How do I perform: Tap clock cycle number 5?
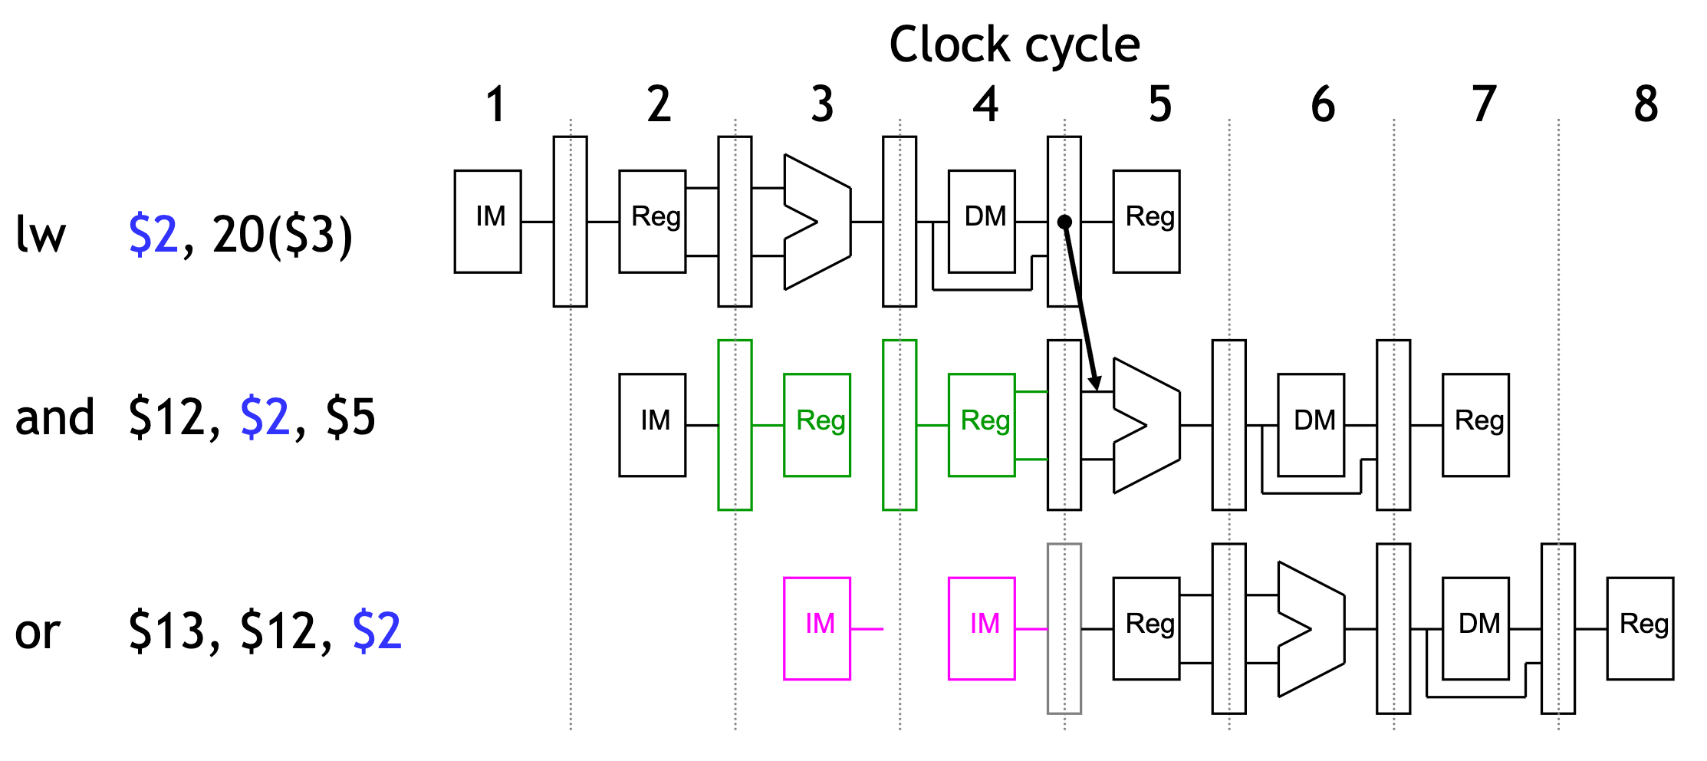(1159, 104)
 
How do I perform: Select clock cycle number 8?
(1646, 104)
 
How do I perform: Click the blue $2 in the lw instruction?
(153, 234)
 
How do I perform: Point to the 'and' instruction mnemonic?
(54, 417)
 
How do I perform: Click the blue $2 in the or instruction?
(377, 631)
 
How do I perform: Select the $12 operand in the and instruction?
(173, 417)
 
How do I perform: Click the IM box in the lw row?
(488, 221)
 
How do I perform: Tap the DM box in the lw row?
(982, 221)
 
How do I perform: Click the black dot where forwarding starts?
(1064, 222)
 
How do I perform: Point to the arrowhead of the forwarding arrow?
(1096, 384)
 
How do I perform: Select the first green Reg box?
(817, 425)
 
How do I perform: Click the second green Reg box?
(982, 425)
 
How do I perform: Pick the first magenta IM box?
(817, 628)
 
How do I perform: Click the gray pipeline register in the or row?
(1064, 628)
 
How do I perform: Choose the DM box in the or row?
(1475, 628)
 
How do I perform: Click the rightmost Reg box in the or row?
(1640, 628)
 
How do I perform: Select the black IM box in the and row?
(652, 425)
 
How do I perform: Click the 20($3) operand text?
(281, 234)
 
